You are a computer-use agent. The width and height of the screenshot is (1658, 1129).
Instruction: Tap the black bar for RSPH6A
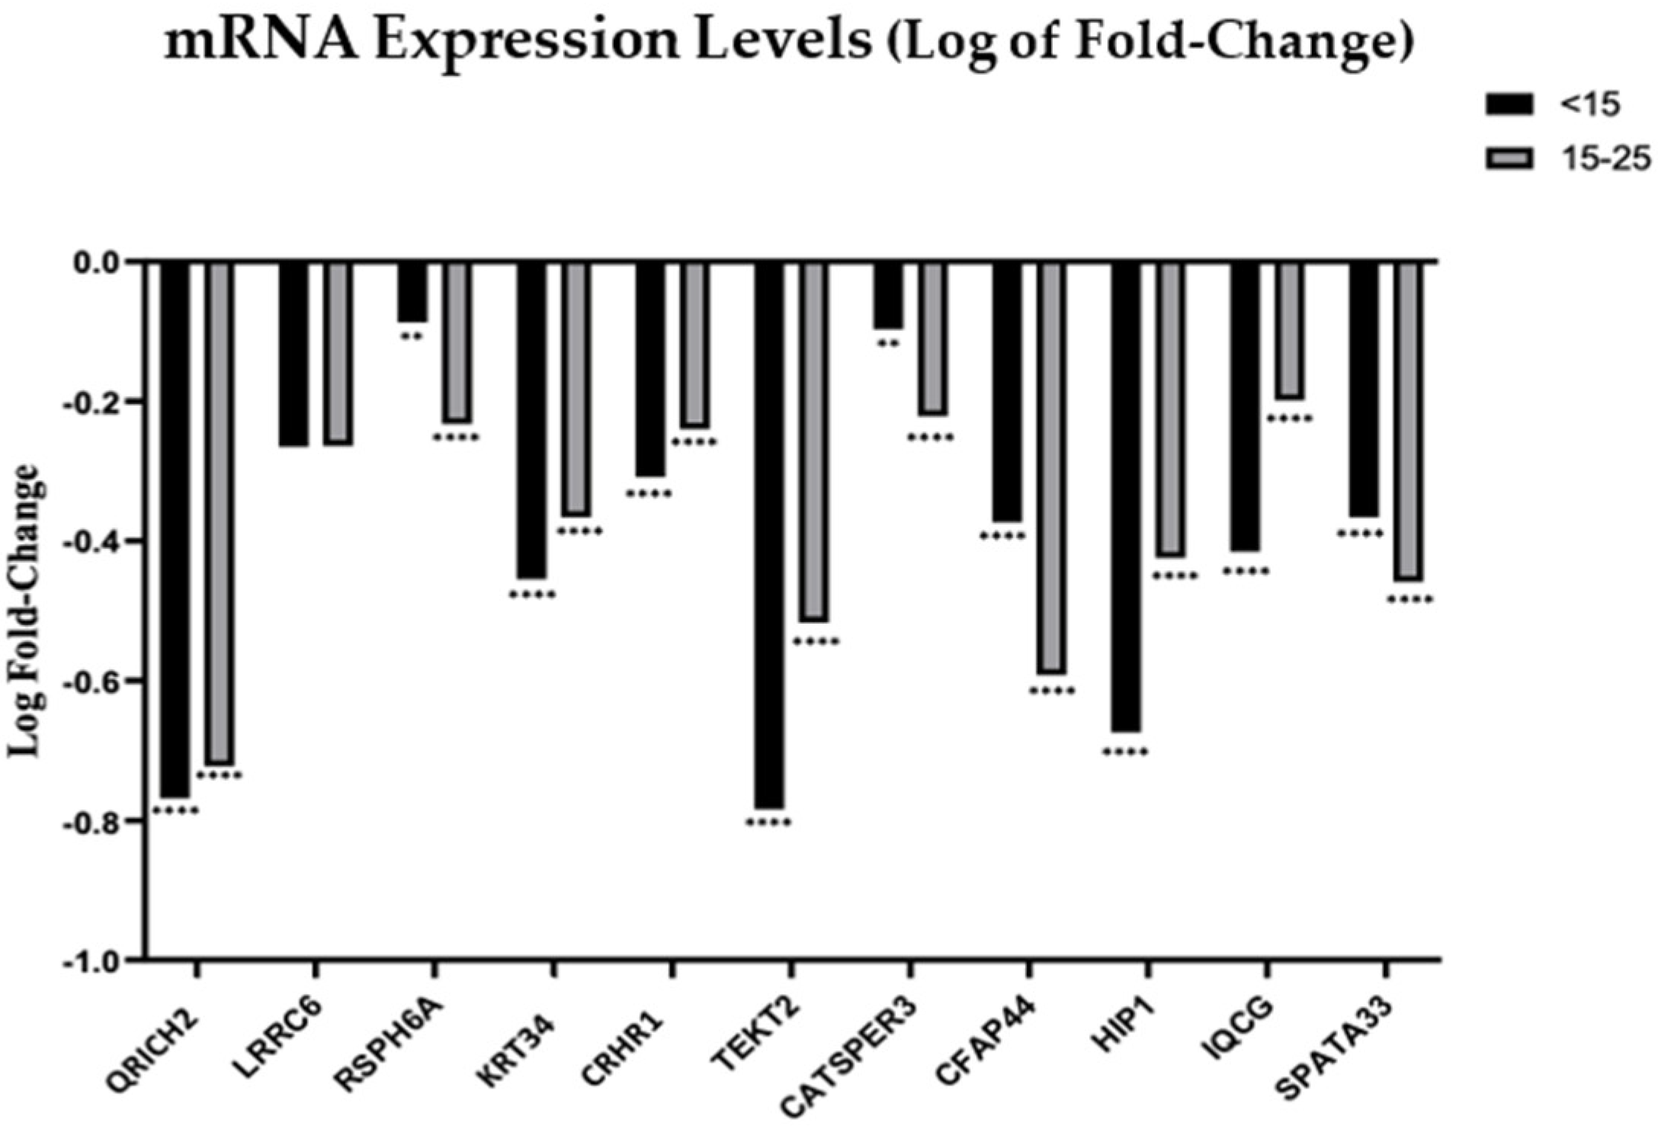pyautogui.click(x=412, y=292)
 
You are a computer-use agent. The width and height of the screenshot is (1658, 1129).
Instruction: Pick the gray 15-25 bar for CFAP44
pyautogui.click(x=1052, y=467)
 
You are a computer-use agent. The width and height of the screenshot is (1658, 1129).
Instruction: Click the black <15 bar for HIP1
pyautogui.click(x=1125, y=496)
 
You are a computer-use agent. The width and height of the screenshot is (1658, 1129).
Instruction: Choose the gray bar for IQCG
pyautogui.click(x=1290, y=329)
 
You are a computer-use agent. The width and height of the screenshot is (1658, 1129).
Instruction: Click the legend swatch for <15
pyautogui.click(x=1509, y=105)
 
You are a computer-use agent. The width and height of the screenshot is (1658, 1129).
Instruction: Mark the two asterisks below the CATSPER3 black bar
pyautogui.click(x=888, y=343)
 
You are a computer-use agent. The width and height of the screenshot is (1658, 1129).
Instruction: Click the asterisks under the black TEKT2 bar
pyautogui.click(x=768, y=823)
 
